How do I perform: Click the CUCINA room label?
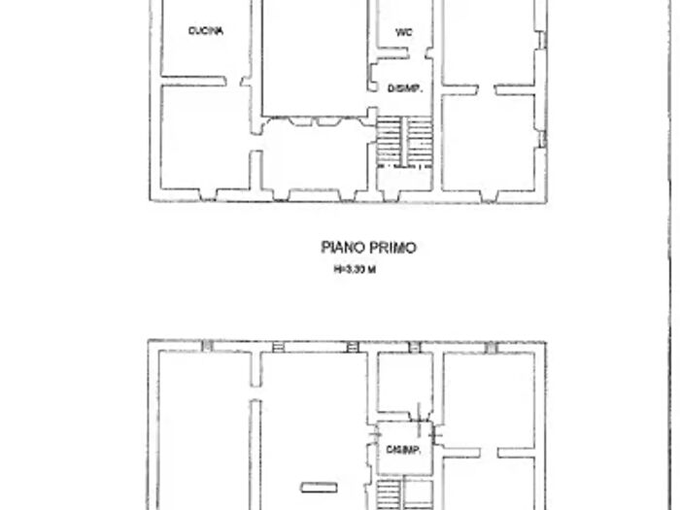point(206,31)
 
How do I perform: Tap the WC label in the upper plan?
point(404,32)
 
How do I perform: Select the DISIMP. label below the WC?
point(403,89)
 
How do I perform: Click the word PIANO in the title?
point(341,248)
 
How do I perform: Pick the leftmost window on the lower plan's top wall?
point(207,346)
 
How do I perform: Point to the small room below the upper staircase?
point(404,180)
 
